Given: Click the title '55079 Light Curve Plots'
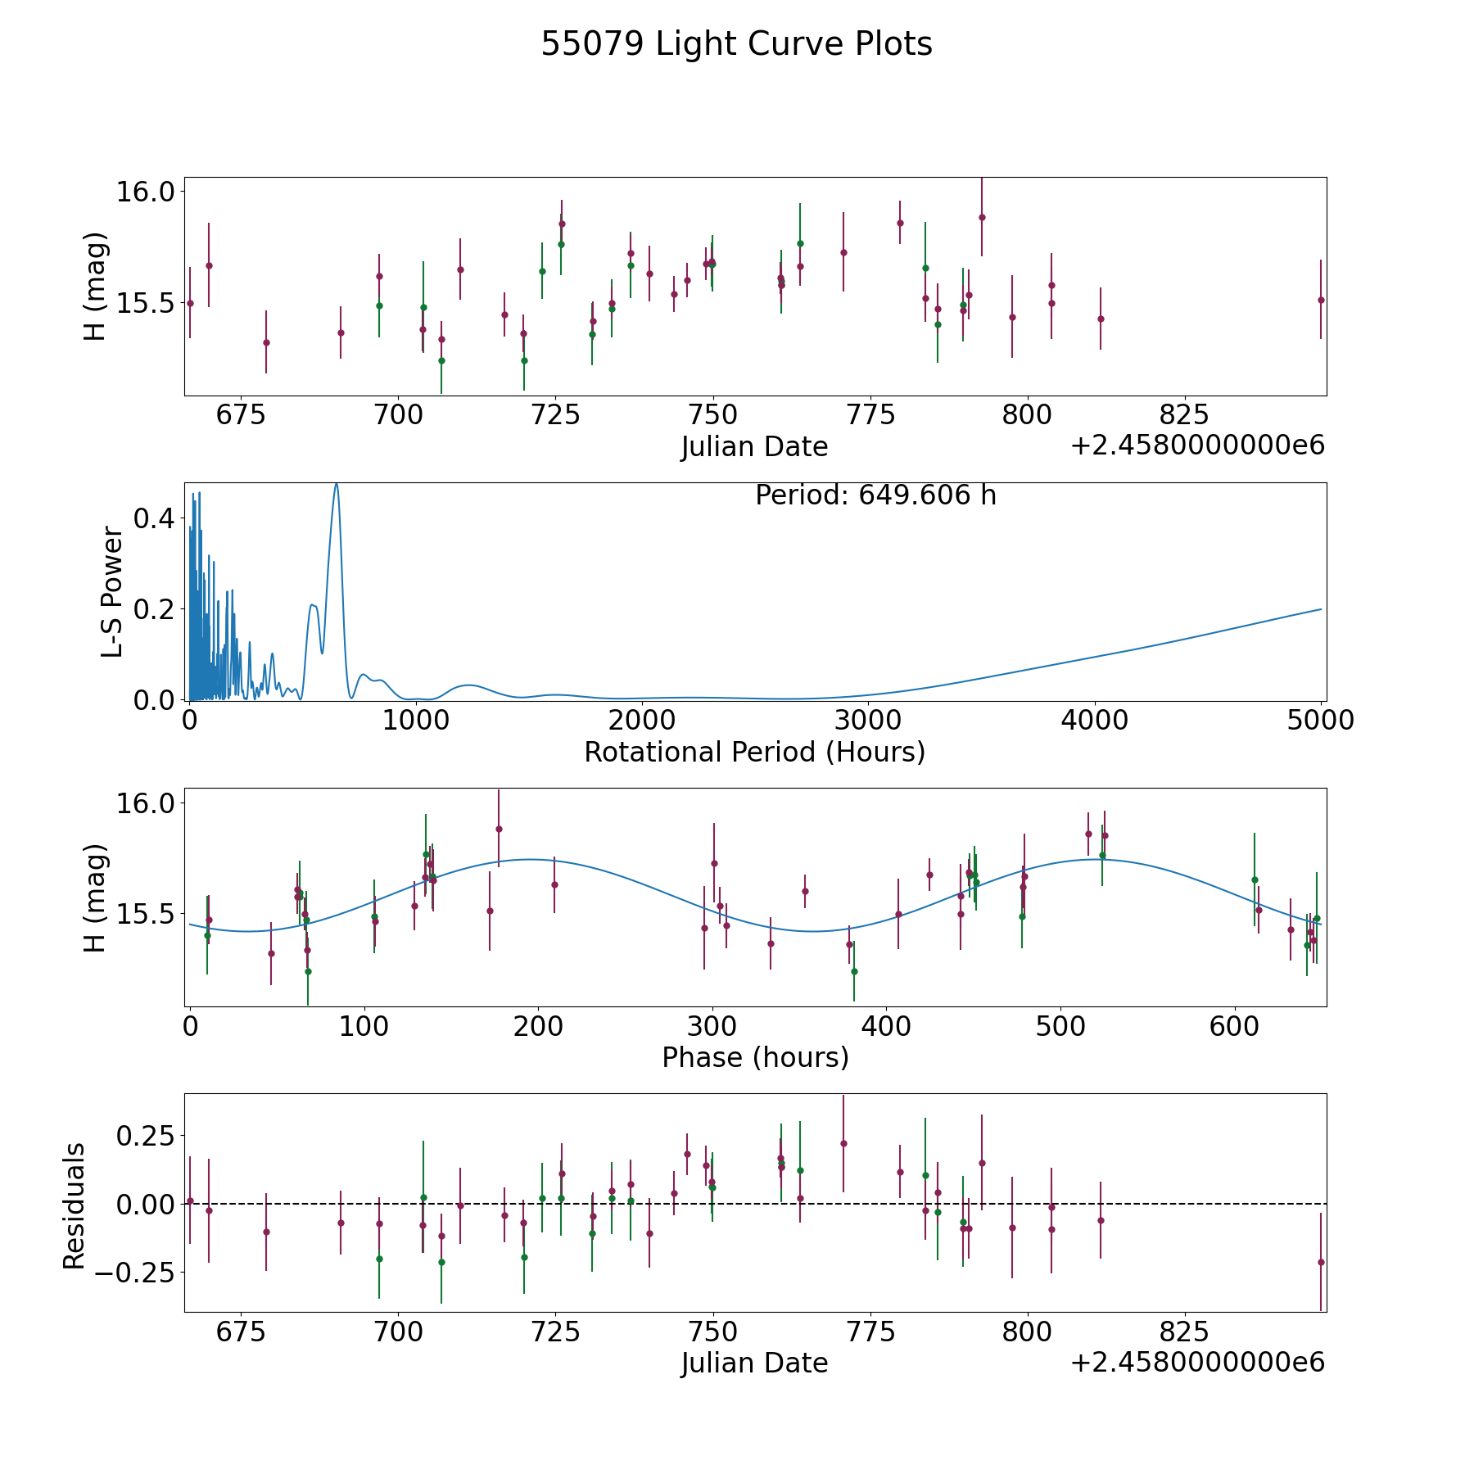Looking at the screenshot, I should click(736, 44).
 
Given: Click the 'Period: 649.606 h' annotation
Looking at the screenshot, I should click(875, 495).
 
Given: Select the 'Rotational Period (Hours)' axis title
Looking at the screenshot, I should click(754, 752).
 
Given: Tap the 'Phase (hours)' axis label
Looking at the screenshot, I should click(755, 1057).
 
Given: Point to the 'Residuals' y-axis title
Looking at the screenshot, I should click(75, 1205).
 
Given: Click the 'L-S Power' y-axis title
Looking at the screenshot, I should click(112, 592).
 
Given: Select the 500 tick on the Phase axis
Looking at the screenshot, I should click(1060, 1026).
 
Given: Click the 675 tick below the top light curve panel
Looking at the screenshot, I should click(241, 415).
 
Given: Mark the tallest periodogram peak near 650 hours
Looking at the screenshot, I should click(336, 484).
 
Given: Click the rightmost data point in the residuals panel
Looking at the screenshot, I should click(1321, 1262).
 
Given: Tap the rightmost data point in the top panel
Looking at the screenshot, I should click(1321, 300).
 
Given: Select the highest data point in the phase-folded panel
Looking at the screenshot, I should click(499, 829).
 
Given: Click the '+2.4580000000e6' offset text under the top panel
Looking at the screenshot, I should click(1197, 445).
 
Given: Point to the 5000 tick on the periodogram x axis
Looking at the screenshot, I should click(1321, 721).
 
